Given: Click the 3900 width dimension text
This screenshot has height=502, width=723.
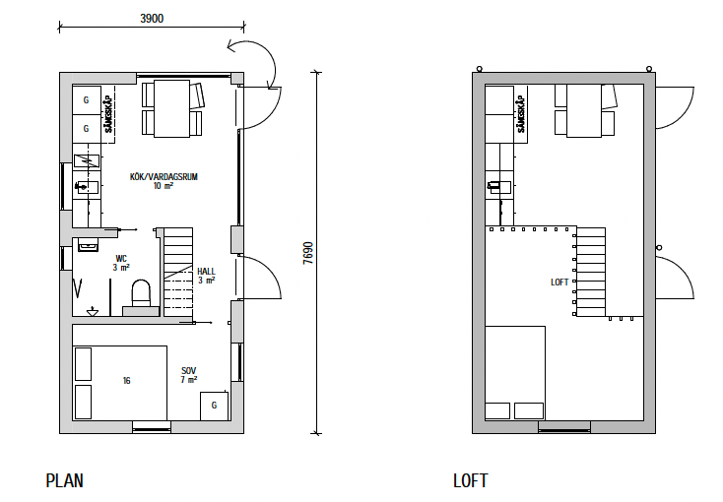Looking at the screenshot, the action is click(152, 19).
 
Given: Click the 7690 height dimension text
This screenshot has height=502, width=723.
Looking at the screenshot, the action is click(308, 253).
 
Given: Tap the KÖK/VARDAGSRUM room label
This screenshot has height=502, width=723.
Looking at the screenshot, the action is click(164, 176).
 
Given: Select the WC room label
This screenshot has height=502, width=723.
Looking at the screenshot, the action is click(121, 259).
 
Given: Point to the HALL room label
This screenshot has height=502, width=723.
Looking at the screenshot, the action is click(206, 272).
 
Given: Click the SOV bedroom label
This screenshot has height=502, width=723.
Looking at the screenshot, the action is click(188, 371).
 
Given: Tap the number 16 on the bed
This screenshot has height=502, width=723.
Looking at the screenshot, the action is click(126, 381).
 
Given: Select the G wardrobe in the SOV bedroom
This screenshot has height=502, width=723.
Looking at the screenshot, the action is click(214, 406).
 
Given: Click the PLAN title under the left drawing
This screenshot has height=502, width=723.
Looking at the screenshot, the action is click(65, 480).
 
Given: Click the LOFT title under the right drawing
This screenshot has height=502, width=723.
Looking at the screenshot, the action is click(470, 480).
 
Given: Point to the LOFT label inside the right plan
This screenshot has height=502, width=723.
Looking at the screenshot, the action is click(559, 282).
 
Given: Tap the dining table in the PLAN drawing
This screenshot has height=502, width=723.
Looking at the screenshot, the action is click(171, 108).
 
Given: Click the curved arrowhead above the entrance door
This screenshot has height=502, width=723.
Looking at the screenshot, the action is click(231, 45).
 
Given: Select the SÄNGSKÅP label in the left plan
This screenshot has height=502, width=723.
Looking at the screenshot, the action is click(108, 114).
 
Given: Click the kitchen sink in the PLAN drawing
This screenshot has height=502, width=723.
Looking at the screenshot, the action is click(87, 187).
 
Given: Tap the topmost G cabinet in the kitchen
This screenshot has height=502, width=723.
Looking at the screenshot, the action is click(87, 100).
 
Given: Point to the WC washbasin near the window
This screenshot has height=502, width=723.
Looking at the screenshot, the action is click(87, 245).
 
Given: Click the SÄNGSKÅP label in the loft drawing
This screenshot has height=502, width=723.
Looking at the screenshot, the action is click(521, 114).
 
